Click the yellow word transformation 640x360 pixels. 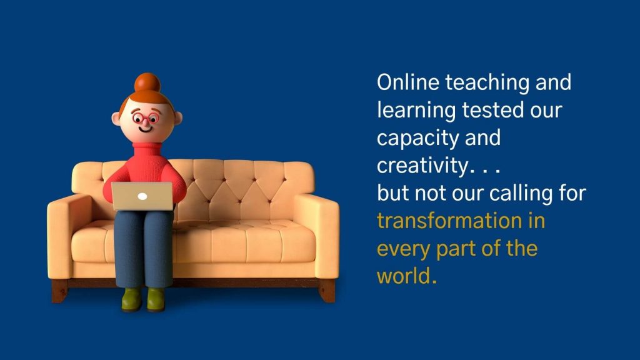coord(449,221)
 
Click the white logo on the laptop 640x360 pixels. coord(142,196)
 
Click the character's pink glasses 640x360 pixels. coord(146,119)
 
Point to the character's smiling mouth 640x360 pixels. coord(145,129)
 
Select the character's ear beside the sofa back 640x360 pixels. coord(177,118)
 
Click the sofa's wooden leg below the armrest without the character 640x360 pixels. coord(326,291)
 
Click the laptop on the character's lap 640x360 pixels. coord(142,196)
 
